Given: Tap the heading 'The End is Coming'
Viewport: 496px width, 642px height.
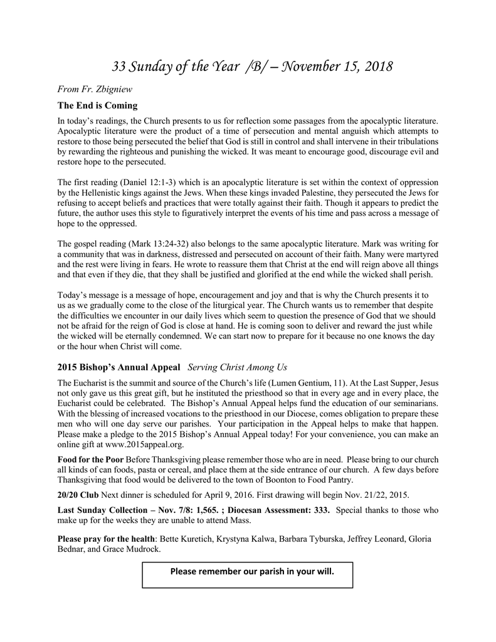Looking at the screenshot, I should point(97,105).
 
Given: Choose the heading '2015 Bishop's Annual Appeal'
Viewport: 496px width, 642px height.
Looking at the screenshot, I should point(119,367).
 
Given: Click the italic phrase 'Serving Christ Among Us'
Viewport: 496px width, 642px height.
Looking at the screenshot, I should point(237,367).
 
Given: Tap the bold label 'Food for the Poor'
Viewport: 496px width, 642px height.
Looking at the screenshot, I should point(90,460).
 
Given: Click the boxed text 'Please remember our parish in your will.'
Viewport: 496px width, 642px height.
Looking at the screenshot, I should point(248,572).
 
